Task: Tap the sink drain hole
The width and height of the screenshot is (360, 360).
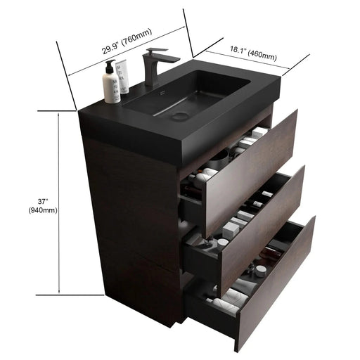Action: pyautogui.click(x=181, y=116)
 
